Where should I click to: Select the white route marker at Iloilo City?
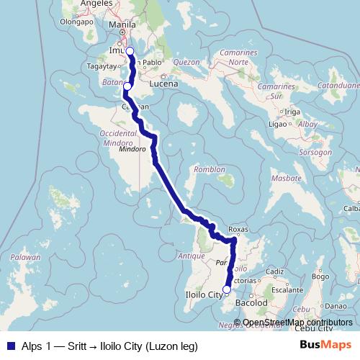tap(227, 270)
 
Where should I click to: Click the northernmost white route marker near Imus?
tap(130, 51)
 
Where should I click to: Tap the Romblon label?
tap(208, 170)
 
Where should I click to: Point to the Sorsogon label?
tap(315, 153)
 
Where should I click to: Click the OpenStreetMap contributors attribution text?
tap(298, 302)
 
